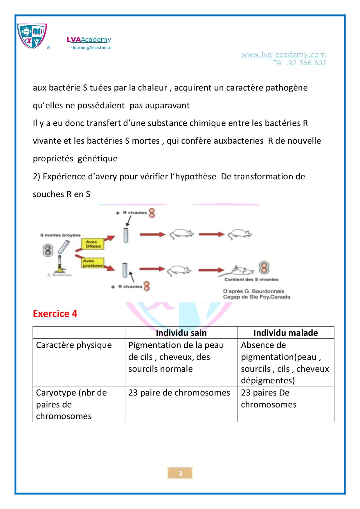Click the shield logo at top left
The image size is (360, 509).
32,36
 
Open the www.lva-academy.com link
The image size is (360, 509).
283,55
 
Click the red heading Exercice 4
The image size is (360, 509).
55,314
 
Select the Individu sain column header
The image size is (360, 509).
181,333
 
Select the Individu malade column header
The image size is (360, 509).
285,333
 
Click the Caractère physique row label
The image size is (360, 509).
74,345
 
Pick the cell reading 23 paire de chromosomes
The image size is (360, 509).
179,393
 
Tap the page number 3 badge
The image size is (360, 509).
180,473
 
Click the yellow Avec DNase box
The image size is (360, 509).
93,244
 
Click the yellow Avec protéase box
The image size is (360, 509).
93,263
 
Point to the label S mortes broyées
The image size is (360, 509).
60,235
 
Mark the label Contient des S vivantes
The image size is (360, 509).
251,279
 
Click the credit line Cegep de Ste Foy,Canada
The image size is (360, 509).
256,297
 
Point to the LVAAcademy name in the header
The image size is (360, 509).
89,40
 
